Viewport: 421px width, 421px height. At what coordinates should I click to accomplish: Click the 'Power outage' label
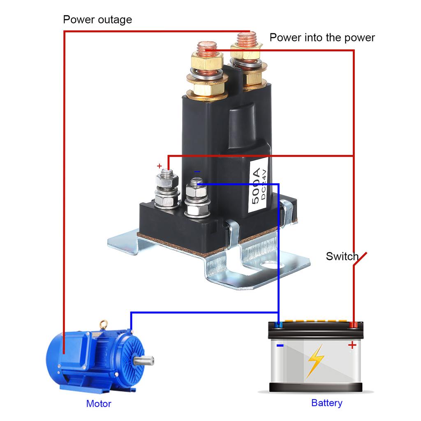[97, 19]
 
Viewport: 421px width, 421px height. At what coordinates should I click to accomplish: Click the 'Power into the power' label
[322, 38]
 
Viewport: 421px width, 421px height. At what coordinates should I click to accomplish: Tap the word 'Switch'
[342, 257]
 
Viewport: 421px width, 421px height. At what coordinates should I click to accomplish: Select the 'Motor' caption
[99, 404]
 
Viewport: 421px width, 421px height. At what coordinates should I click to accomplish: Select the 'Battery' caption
[326, 403]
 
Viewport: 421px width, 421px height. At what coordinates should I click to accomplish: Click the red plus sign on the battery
[352, 345]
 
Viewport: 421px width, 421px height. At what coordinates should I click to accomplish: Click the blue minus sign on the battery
[280, 346]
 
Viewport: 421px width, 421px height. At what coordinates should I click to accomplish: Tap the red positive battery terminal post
[353, 325]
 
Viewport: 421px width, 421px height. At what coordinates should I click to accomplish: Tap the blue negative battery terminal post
[278, 325]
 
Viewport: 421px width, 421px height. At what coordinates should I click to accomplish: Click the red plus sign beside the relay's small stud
[160, 166]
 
